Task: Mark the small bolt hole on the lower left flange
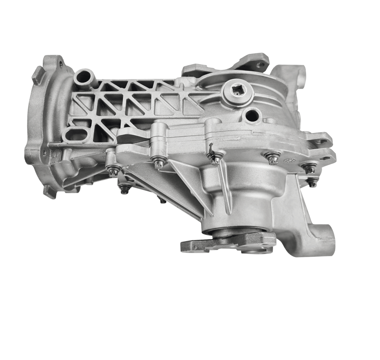[44, 152]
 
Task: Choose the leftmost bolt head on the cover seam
[114, 171]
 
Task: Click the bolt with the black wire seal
[215, 159]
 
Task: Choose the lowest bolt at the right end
[313, 182]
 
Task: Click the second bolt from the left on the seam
[159, 162]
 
